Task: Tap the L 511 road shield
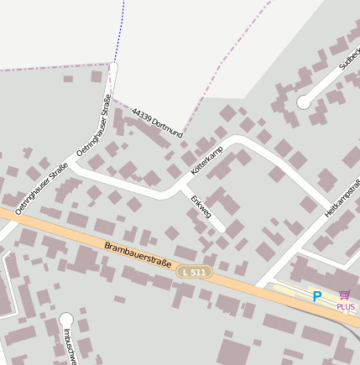[195, 272]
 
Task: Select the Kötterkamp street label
[207, 157]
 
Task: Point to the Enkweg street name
[201, 211]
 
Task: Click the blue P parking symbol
[317, 295]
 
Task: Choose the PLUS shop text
[345, 307]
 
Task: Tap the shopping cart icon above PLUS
[344, 295]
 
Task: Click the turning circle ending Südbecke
[303, 102]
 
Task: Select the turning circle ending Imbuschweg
[66, 319]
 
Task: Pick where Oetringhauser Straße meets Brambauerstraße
[10, 214]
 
